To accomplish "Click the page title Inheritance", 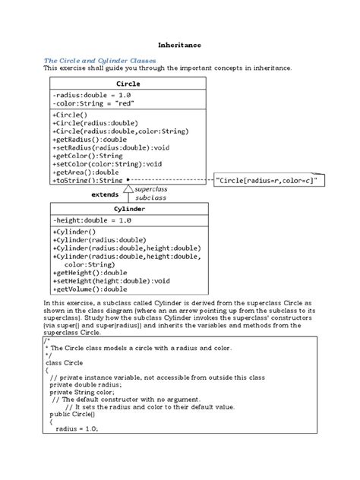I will (179, 46).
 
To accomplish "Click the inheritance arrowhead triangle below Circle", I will (128, 189).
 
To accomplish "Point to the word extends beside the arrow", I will (105, 195).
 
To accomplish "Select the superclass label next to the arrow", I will (151, 188).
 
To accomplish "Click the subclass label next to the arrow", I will (150, 197).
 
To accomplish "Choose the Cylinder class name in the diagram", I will (129, 209).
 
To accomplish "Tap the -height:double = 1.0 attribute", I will (92, 219).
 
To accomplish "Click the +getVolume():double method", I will (90, 289).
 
